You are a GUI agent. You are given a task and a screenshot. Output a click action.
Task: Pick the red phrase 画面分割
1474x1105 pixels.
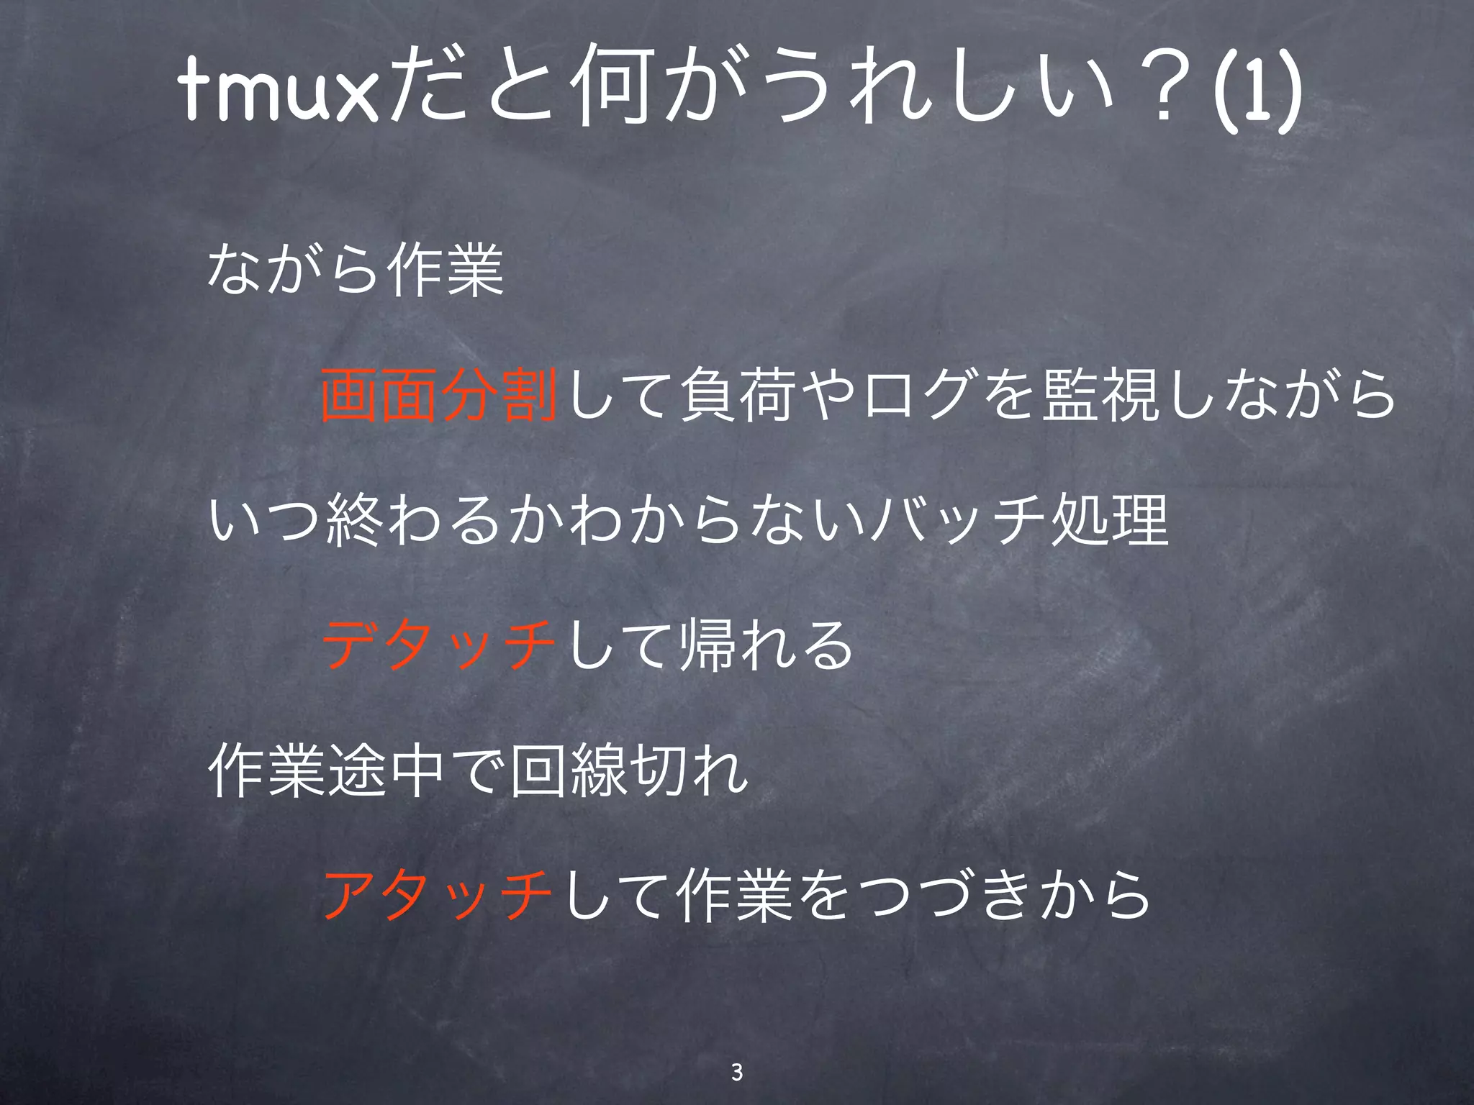point(439,394)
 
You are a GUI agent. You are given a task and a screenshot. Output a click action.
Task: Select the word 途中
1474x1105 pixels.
point(385,771)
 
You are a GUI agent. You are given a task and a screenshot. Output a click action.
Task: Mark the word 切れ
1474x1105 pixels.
point(687,771)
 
